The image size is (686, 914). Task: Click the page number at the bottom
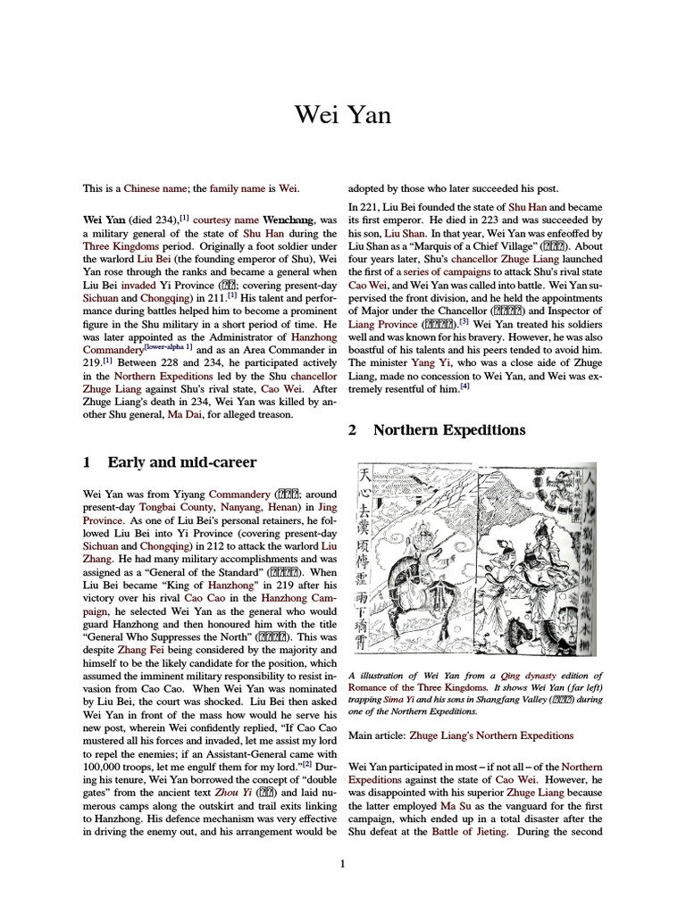[343, 862]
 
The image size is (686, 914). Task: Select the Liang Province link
[381, 323]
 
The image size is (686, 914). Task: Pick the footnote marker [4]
[464, 388]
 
